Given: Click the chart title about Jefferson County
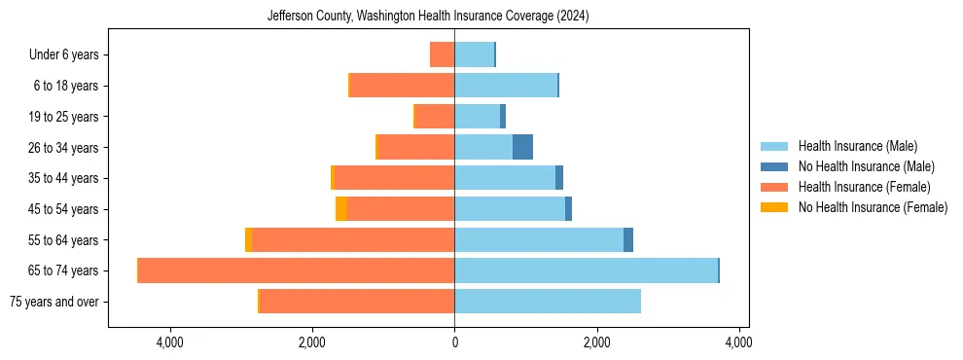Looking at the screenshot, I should coord(428,17).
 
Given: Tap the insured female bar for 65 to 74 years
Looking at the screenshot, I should coord(297,270).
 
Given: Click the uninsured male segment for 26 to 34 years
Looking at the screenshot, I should coord(522,147).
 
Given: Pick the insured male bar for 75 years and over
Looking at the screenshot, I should coord(548,302).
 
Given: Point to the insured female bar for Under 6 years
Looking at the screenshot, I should coord(443,54).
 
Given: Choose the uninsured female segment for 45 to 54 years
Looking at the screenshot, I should coord(341,209).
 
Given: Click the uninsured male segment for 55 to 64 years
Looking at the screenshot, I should coord(628,239).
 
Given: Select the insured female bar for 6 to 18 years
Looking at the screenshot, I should coord(402,86).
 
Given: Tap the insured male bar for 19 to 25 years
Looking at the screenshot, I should coord(477,117).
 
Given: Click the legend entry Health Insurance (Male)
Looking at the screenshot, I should coord(856,146).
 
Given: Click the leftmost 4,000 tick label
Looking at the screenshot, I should coord(170,342).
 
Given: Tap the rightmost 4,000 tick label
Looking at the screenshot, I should coord(738,342).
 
